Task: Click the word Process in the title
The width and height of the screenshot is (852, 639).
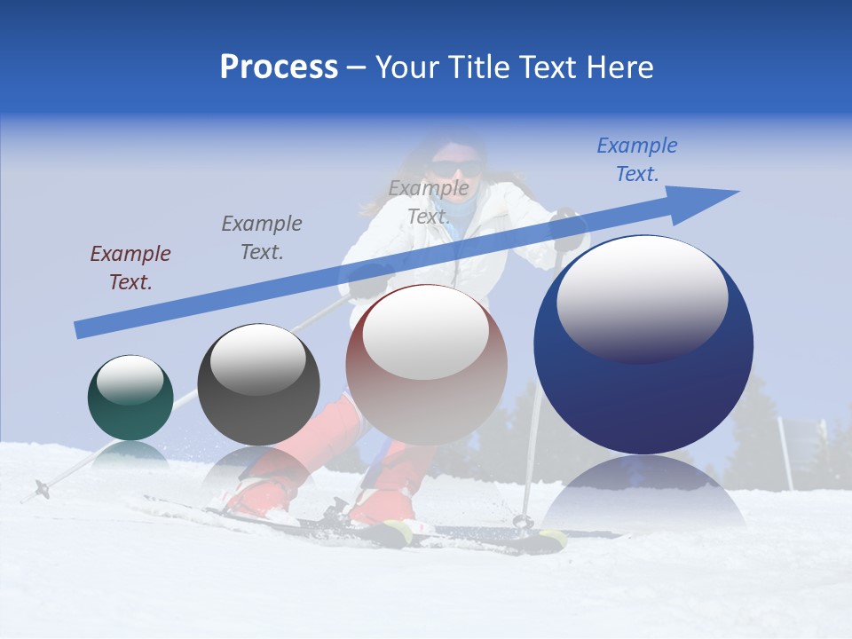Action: pyautogui.click(x=279, y=67)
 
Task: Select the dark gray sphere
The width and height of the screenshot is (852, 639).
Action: pyautogui.click(x=258, y=384)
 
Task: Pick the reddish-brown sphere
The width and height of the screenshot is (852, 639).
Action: pyautogui.click(x=426, y=365)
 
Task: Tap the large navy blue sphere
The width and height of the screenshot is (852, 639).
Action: pyautogui.click(x=643, y=345)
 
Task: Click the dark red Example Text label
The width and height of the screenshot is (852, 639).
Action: pyautogui.click(x=130, y=268)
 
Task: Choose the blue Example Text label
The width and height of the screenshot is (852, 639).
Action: pyautogui.click(x=636, y=160)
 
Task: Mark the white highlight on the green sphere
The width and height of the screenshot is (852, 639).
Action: pyautogui.click(x=130, y=380)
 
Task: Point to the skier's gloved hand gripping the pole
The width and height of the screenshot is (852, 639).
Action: pyautogui.click(x=568, y=229)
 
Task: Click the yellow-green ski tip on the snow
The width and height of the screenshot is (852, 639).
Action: pyautogui.click(x=552, y=537)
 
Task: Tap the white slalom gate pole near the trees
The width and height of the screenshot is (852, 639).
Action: pyautogui.click(x=785, y=452)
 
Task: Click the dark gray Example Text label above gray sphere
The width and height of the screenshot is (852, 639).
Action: pyautogui.click(x=261, y=238)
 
